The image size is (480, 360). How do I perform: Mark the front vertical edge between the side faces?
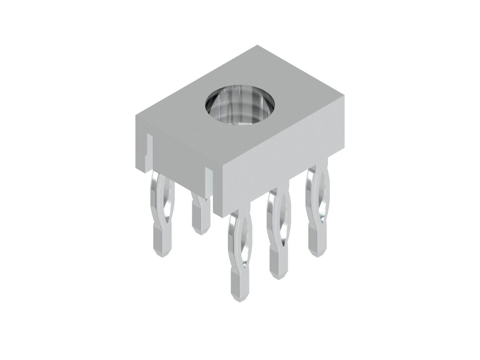[x=223, y=191]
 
